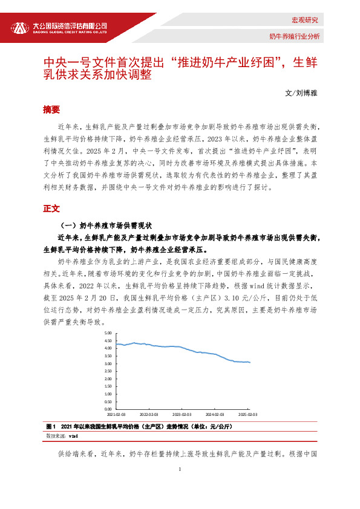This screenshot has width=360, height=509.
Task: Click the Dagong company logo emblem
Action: pyautogui.click(x=20, y=28)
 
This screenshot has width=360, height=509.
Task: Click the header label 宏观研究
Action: pyautogui.click(x=304, y=20)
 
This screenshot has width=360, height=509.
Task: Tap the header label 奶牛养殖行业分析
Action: pyautogui.click(x=294, y=36)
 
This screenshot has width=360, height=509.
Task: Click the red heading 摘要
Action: pyautogui.click(x=51, y=109)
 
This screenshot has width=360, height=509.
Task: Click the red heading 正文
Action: pyautogui.click(x=51, y=208)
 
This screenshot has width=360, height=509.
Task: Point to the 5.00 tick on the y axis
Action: pyautogui.click(x=108, y=333)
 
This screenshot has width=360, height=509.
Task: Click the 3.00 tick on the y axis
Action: pyautogui.click(x=108, y=363)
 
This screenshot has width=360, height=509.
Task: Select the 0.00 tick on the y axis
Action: pyautogui.click(x=108, y=409)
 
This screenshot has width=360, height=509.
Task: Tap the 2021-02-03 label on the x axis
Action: pyautogui.click(x=116, y=415)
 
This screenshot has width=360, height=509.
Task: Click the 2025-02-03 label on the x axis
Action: pyautogui.click(x=248, y=415)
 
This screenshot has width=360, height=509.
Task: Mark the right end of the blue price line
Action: pyautogui.click(x=250, y=362)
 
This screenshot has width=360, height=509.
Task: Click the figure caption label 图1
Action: pyautogui.click(x=50, y=426)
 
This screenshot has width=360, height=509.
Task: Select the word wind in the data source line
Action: pyautogui.click(x=73, y=435)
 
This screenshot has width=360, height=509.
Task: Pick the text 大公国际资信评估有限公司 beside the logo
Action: pyautogui.click(x=70, y=26)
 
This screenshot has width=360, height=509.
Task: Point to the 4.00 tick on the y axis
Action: pyautogui.click(x=108, y=348)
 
